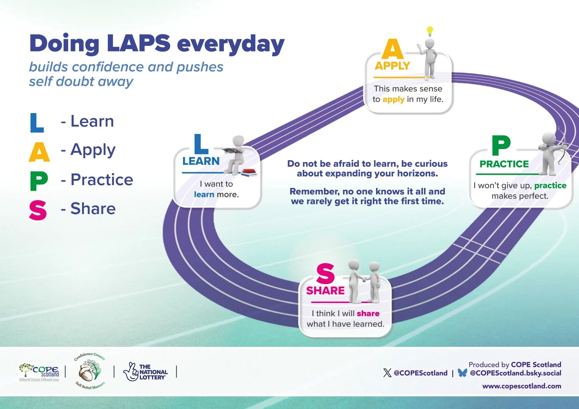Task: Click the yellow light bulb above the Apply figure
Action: (x=430, y=31)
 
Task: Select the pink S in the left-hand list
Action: (x=38, y=210)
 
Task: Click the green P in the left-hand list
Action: (x=39, y=181)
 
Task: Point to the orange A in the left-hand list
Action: (x=39, y=152)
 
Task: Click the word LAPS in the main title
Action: (x=138, y=43)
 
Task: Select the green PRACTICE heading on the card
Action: (x=504, y=164)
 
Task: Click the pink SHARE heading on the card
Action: (x=325, y=291)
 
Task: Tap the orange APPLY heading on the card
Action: (x=392, y=66)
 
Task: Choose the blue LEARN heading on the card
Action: (x=201, y=161)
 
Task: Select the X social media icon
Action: (x=387, y=373)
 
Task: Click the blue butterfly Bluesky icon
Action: (x=462, y=373)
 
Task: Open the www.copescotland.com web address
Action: (x=521, y=386)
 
